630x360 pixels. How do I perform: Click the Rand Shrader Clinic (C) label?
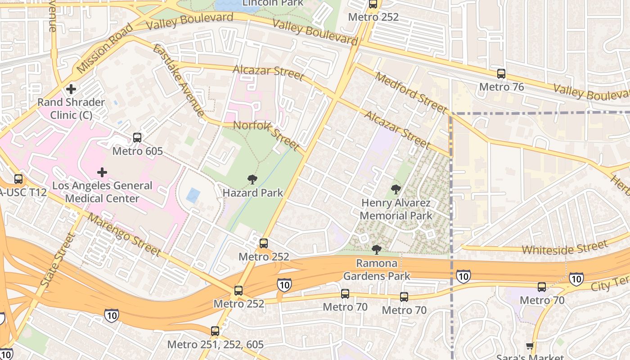pos(71,108)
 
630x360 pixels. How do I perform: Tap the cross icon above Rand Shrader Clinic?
pos(71,89)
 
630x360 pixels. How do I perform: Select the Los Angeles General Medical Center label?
pos(102,192)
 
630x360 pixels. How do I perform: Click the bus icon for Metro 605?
pos(137,138)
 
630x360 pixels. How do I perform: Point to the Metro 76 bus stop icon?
pos(501,74)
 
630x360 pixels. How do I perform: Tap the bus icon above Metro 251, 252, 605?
pos(215,331)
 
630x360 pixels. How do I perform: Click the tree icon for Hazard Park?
pos(252,180)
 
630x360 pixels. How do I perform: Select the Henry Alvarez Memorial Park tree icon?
pos(396,189)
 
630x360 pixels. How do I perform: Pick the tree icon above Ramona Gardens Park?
pos(376,250)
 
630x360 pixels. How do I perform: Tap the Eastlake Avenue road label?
pos(178,81)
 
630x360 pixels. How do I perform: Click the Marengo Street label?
pos(124,234)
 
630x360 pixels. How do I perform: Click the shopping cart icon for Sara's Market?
pos(530,346)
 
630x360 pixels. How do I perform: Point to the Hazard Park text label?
pos(253,193)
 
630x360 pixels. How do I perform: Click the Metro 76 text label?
pos(501,87)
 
